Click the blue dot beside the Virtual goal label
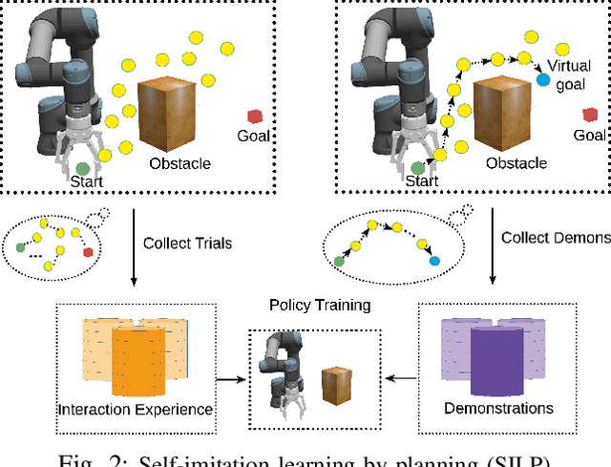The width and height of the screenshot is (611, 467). point(543,81)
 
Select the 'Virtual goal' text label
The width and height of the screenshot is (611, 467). point(568,74)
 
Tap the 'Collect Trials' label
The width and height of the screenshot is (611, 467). point(187,244)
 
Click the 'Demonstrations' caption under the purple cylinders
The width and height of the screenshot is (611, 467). point(499,408)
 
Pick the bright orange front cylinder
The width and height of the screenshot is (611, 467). point(140,362)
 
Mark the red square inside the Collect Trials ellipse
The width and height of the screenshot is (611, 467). point(88,253)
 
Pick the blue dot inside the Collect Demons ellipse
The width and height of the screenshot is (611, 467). point(435,261)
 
